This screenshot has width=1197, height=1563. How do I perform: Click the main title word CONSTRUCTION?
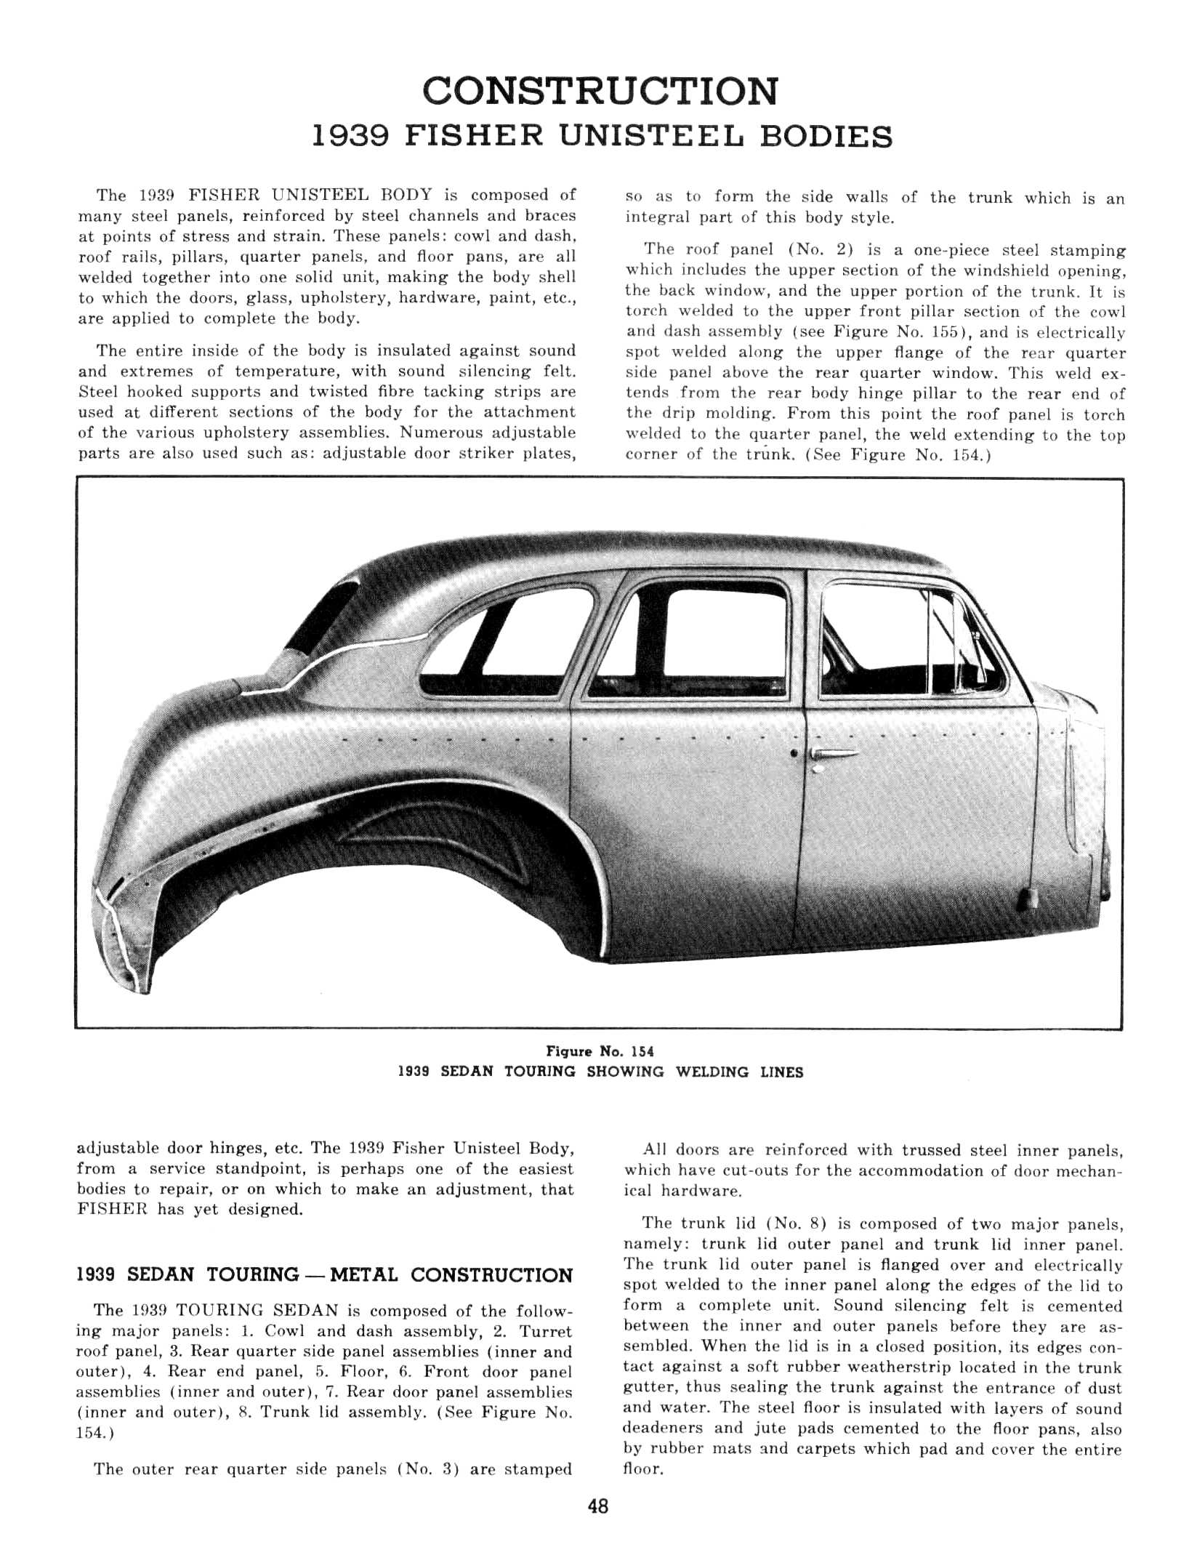600,92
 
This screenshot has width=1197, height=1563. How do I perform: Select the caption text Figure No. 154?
600,1051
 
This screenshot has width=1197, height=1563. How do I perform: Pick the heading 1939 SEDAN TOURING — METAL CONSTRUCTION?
324,1275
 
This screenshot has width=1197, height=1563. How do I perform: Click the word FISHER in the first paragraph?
223,195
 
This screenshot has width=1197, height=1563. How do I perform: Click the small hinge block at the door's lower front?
1028,898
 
